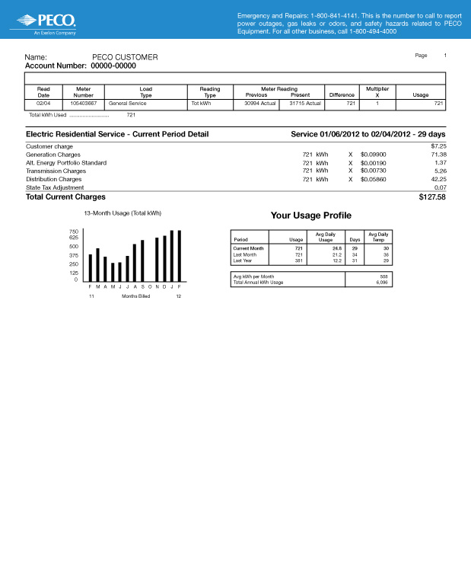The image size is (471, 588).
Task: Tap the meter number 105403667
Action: [x=83, y=103]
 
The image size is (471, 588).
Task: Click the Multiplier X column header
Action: [x=377, y=91]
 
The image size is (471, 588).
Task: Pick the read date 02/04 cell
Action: [x=43, y=103]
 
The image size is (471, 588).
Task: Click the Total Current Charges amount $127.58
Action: [x=431, y=197]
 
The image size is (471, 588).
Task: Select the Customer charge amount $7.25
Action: [x=438, y=145]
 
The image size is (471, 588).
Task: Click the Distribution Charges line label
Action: [x=54, y=180]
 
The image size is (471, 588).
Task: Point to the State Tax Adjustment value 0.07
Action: [x=440, y=187]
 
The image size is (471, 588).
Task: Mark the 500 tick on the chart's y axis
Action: [x=73, y=247]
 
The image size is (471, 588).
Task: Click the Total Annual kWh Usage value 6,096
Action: [x=381, y=283]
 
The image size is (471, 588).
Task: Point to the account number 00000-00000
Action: [x=113, y=66]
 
